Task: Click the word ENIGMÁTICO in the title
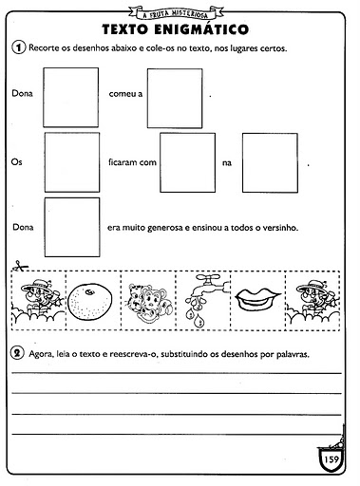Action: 201,28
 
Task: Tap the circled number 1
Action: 18,47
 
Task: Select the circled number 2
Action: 17,352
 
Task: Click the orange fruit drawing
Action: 91,301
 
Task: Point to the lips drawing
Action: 257,299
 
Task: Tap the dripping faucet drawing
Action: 206,299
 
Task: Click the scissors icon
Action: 19,266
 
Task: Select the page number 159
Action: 332,458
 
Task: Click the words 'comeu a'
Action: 125,94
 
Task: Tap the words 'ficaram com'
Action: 132,162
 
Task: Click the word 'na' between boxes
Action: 227,163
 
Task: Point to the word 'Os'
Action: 16,162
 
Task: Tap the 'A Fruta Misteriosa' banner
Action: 176,12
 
